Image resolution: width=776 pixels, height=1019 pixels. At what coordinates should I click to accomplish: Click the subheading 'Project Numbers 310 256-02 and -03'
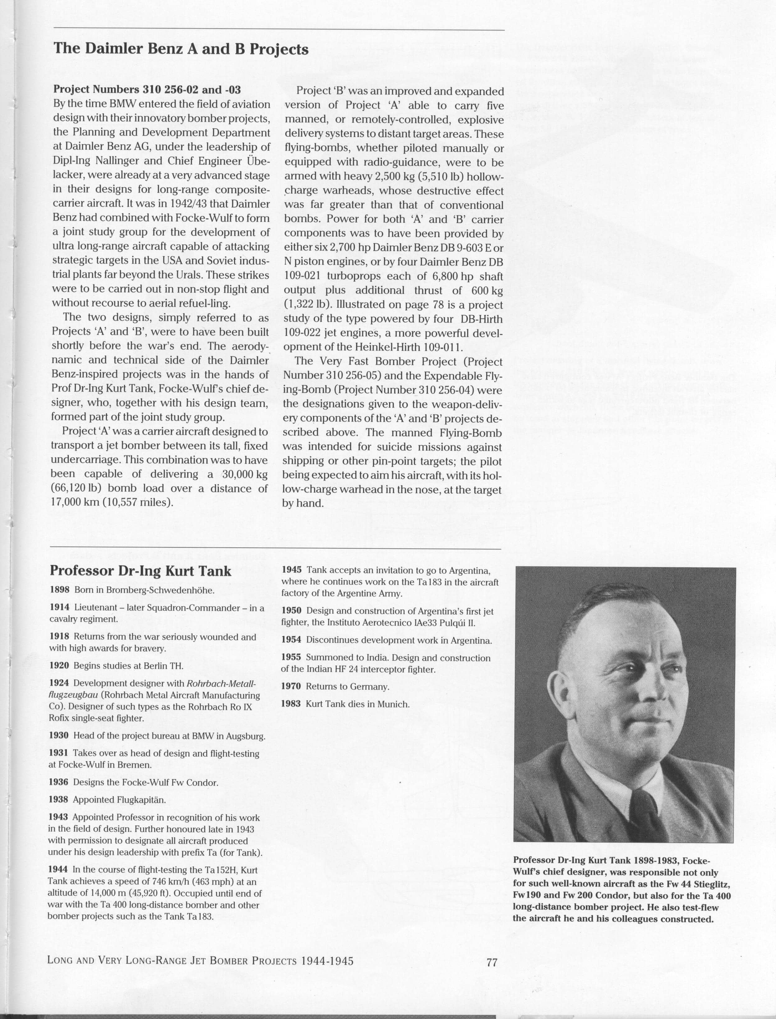147,89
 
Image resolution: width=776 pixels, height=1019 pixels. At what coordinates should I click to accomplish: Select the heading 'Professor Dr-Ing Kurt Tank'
141,571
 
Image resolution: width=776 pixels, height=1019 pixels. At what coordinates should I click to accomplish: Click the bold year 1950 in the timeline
291,611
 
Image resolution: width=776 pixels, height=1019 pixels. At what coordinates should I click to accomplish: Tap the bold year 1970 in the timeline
291,686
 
